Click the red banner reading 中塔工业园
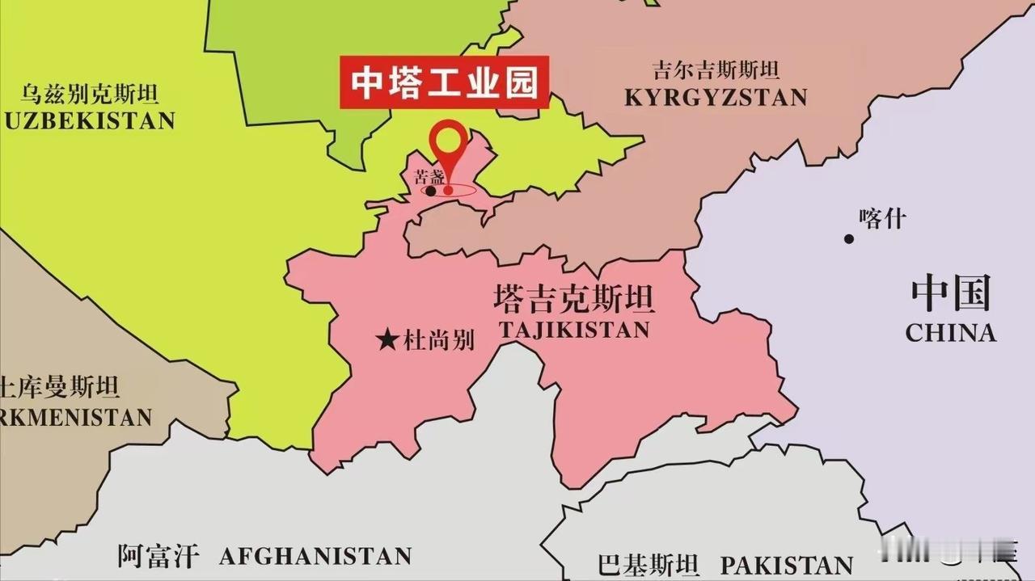click(x=444, y=82)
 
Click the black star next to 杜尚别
click(x=388, y=340)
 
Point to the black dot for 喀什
click(x=849, y=238)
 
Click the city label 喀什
click(x=883, y=219)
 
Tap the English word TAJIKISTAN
click(x=574, y=330)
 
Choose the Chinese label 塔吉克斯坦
click(x=573, y=300)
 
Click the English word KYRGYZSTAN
click(x=716, y=98)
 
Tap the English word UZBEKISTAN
click(x=89, y=121)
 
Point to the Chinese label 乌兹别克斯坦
click(x=90, y=94)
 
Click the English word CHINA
click(x=950, y=333)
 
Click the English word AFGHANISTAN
click(x=315, y=556)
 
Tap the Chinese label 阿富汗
click(x=158, y=556)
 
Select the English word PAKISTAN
click(x=787, y=564)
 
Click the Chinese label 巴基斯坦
click(x=648, y=564)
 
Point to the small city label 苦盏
click(x=429, y=178)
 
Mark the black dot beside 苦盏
click(x=431, y=192)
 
